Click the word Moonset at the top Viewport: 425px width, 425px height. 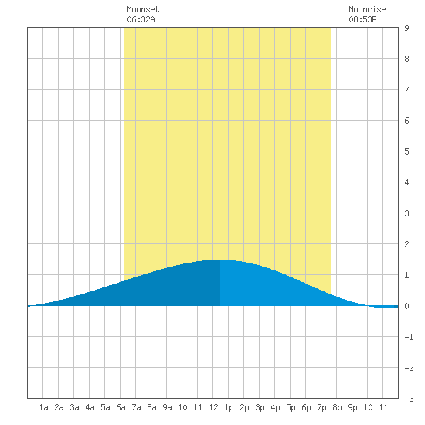(x=143, y=9)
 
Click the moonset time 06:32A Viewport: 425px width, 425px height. (x=141, y=19)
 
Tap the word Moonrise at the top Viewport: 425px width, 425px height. (x=367, y=9)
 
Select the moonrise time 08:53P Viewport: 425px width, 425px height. (x=362, y=19)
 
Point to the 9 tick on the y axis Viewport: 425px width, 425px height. (x=406, y=28)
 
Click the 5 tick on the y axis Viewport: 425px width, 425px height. (x=406, y=151)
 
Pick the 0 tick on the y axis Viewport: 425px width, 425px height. (x=406, y=306)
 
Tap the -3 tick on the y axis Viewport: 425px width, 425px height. (x=409, y=399)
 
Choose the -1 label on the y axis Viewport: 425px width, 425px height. (x=409, y=337)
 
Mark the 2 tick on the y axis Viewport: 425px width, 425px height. (x=406, y=244)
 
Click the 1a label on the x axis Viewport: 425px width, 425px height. (x=43, y=407)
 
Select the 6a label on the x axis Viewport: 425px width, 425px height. (x=121, y=407)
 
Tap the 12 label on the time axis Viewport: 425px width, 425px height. (x=213, y=407)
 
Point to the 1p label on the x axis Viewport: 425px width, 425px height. (x=229, y=408)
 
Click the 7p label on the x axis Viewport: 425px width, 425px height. (x=321, y=408)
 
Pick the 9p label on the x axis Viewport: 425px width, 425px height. (x=352, y=408)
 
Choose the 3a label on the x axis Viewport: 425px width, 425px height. (x=74, y=407)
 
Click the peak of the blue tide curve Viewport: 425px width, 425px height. (x=220, y=260)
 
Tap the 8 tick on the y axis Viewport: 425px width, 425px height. (x=406, y=59)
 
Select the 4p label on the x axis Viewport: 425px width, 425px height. (x=275, y=408)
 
